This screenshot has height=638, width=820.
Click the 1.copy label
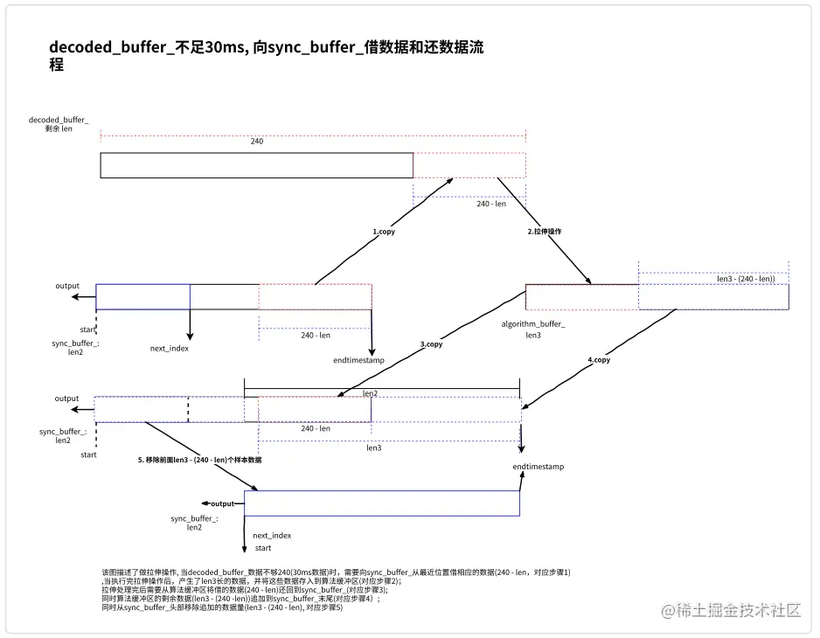384,232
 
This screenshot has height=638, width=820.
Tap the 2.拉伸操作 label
544,232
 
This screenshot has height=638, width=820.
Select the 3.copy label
431,344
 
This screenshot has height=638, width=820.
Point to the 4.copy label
599,359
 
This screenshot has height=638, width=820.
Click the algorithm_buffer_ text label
533,324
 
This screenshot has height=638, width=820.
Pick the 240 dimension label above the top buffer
257,141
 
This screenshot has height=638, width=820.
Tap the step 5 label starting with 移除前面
200,459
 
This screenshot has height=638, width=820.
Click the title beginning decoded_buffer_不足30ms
267,55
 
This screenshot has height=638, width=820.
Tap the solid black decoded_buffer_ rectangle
256,165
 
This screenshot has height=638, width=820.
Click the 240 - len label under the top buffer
491,204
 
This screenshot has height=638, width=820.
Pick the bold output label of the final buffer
222,503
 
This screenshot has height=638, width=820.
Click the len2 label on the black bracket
371,393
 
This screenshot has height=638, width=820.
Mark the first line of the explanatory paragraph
336,572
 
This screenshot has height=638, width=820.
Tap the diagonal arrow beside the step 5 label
201,456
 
